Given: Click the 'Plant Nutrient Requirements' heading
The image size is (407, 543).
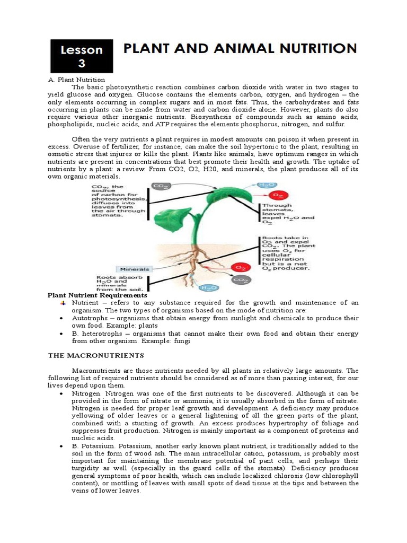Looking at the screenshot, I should click(x=98, y=295).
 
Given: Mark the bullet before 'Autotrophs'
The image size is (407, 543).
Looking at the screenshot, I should click(x=63, y=318).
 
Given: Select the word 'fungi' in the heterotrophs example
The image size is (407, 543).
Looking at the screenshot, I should click(x=181, y=341).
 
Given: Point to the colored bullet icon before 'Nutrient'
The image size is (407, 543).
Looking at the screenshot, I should click(x=63, y=303).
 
